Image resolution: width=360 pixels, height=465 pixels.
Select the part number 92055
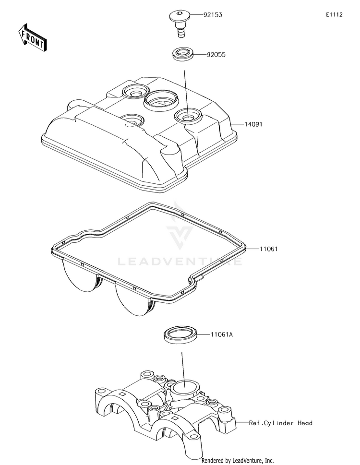(216, 55)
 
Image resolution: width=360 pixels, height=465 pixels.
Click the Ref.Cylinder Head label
(280, 423)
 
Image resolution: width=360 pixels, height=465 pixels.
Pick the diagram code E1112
(334, 15)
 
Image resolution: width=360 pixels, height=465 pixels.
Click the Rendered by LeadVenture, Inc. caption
(237, 460)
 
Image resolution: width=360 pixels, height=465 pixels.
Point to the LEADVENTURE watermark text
(180, 262)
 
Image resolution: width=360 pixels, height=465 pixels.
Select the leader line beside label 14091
(237, 124)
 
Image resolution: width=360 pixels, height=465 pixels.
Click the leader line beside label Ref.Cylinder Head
(242, 423)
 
